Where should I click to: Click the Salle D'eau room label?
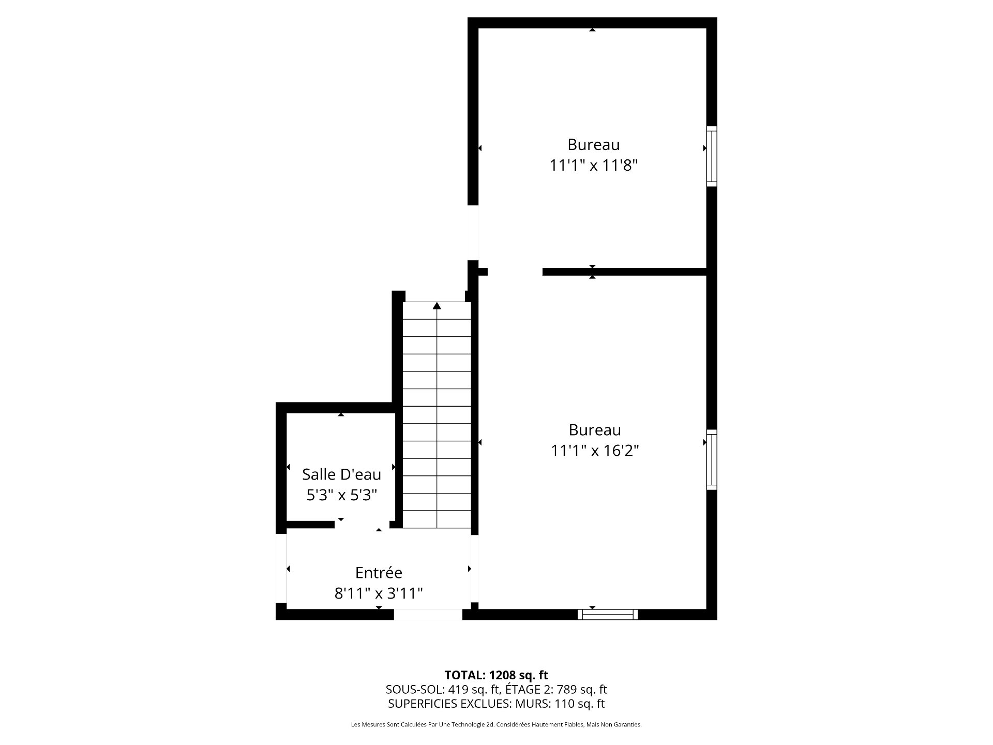click(x=341, y=474)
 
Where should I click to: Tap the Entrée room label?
click(x=379, y=573)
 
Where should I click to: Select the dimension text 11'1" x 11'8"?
click(x=593, y=166)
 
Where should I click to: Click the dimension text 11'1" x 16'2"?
click(x=595, y=451)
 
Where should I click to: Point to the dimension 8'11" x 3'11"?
click(x=379, y=593)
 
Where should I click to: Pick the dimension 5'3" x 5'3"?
click(x=341, y=496)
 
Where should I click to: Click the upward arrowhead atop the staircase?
click(x=437, y=306)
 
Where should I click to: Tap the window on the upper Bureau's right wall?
click(x=712, y=156)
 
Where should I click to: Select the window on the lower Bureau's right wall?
click(x=712, y=459)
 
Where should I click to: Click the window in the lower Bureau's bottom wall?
click(x=608, y=614)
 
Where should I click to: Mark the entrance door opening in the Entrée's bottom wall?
click(x=428, y=615)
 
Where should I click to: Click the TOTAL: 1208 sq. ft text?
click(x=496, y=675)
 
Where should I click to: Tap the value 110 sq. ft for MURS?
click(x=579, y=704)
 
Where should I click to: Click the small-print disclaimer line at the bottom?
click(x=496, y=725)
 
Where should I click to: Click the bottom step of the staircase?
click(x=437, y=519)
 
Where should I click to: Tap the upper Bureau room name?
click(x=593, y=144)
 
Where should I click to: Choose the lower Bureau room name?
click(x=595, y=430)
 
